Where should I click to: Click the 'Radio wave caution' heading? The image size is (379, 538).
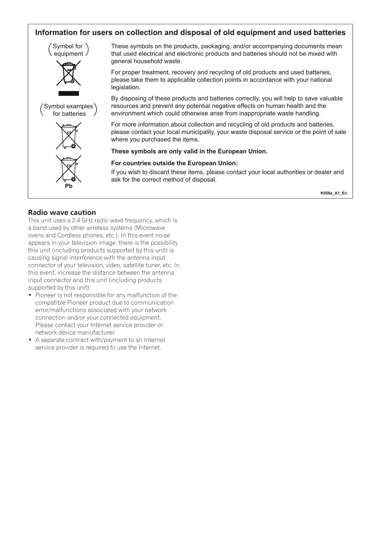(x=62, y=212)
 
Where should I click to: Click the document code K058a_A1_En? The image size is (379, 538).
(x=333, y=193)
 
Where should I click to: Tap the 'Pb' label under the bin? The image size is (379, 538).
(x=69, y=186)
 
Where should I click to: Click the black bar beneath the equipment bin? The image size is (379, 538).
(x=69, y=93)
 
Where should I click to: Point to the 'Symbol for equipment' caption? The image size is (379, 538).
(x=68, y=50)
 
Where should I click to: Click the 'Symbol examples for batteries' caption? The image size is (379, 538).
(x=69, y=110)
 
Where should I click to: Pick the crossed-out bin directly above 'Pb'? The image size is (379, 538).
(x=69, y=169)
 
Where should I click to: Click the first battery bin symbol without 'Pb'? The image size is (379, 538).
(x=69, y=136)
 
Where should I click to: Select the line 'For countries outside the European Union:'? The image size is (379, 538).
(x=174, y=163)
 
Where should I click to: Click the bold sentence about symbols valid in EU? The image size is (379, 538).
(x=189, y=151)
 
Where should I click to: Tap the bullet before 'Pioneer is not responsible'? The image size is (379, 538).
(x=30, y=295)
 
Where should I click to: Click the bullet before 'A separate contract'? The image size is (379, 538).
(x=30, y=340)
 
